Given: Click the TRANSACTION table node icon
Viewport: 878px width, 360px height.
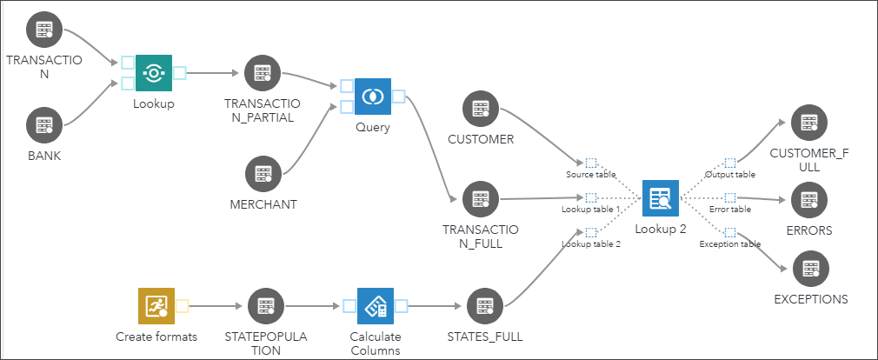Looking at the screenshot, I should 43,31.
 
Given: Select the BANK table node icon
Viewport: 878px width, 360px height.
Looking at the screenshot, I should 43,126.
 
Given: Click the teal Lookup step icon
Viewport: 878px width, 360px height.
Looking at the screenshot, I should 154,73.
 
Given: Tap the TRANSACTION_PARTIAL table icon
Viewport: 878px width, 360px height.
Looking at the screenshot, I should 262,74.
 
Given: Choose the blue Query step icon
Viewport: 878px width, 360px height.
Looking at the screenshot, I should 373,97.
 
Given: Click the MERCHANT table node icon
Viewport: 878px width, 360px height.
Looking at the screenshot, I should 263,174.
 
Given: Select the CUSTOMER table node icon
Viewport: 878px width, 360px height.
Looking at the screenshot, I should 480,109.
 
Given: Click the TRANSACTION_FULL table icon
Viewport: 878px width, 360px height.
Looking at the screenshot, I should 480,199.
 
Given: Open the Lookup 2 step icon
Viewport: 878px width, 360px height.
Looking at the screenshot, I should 661,197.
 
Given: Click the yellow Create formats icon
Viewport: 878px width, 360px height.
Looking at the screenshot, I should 156,306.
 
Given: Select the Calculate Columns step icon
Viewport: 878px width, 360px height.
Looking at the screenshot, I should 375,306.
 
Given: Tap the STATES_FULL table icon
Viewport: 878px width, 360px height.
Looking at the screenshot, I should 483,306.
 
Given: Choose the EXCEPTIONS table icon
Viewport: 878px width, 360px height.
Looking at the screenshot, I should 810,268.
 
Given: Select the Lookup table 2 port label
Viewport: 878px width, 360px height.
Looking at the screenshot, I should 591,244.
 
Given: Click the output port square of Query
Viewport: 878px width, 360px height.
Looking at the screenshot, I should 399,96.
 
